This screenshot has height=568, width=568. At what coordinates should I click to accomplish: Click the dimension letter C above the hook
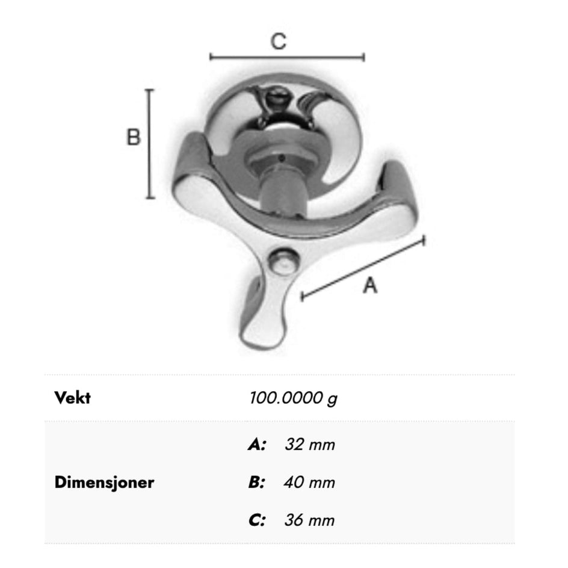click(x=279, y=42)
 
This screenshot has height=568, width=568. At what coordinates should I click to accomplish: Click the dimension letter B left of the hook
click(x=133, y=137)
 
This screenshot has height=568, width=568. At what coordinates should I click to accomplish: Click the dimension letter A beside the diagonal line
click(x=370, y=285)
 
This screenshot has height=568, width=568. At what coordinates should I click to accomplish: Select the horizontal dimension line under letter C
click(x=287, y=57)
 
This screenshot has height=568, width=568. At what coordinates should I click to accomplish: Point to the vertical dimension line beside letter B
click(x=150, y=144)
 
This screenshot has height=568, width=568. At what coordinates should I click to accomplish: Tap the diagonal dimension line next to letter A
click(x=363, y=268)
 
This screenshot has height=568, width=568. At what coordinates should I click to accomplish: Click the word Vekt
click(x=72, y=398)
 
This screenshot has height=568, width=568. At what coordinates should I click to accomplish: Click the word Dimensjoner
click(x=104, y=483)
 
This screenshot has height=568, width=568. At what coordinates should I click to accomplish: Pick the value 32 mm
click(x=310, y=445)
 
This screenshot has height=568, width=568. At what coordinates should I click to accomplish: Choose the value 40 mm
click(x=310, y=483)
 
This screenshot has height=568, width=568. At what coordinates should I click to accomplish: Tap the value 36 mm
click(x=310, y=520)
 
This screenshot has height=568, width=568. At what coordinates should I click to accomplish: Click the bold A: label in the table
click(x=257, y=445)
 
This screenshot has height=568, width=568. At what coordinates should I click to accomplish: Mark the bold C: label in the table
click(x=257, y=520)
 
